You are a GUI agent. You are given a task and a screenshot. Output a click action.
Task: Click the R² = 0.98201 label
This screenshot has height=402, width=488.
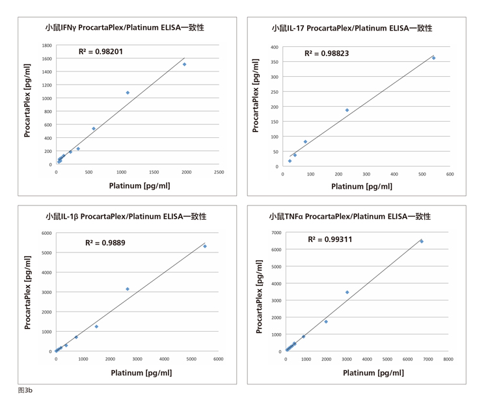[x=101, y=51]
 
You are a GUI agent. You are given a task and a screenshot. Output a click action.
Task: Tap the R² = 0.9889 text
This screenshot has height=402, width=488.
[x=105, y=242]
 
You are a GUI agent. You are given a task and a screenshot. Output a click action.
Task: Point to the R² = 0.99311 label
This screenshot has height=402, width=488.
[x=330, y=239]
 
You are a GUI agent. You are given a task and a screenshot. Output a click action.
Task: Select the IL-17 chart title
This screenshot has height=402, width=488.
[x=352, y=28]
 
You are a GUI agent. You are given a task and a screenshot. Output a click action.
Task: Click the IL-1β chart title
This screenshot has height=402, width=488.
[x=126, y=216]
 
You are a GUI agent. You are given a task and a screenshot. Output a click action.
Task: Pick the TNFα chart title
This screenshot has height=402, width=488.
[x=350, y=216]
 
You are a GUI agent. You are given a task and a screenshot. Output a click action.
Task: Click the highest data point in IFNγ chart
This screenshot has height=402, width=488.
[x=184, y=64]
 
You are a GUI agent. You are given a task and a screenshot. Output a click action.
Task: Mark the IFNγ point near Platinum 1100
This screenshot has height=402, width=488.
[x=128, y=93]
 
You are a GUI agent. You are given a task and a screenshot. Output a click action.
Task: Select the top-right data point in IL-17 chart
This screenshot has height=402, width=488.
[x=433, y=58]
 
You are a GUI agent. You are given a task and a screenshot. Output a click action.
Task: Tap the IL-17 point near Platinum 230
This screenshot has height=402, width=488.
[x=347, y=111]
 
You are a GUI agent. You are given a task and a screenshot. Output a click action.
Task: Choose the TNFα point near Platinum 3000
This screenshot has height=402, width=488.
[x=347, y=292]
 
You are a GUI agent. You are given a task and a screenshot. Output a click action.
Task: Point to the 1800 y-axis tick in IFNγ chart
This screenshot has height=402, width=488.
[x=46, y=46]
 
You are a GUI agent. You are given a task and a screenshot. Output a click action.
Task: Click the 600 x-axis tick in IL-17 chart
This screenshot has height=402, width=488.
[x=450, y=174]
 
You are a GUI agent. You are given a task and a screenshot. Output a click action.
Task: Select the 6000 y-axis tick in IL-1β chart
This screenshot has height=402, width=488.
[x=46, y=233]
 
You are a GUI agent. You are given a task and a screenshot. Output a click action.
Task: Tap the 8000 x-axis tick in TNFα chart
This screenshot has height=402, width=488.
[x=448, y=359]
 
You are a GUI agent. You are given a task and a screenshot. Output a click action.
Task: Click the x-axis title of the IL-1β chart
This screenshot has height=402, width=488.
[x=141, y=373]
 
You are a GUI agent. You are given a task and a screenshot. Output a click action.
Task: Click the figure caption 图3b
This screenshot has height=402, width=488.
[x=25, y=390]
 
